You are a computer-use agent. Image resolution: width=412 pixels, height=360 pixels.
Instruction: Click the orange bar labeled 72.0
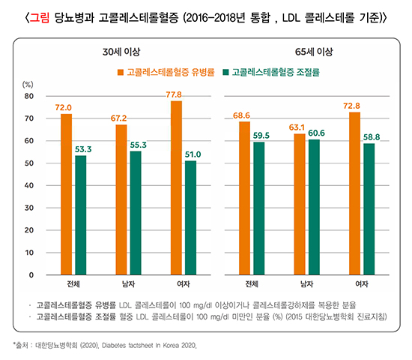pyautogui.click(x=67, y=194)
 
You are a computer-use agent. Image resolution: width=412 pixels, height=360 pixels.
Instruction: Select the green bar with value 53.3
pyautogui.click(x=81, y=215)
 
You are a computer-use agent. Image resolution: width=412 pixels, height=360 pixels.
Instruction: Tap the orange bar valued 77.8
pyautogui.click(x=176, y=187)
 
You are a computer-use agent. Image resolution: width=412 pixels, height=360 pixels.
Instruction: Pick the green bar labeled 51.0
pyautogui.click(x=190, y=217)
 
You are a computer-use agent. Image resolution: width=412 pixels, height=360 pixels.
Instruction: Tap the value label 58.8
pyautogui.click(x=369, y=136)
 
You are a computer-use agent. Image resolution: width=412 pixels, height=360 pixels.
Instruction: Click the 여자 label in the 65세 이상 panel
pyautogui.click(x=360, y=285)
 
